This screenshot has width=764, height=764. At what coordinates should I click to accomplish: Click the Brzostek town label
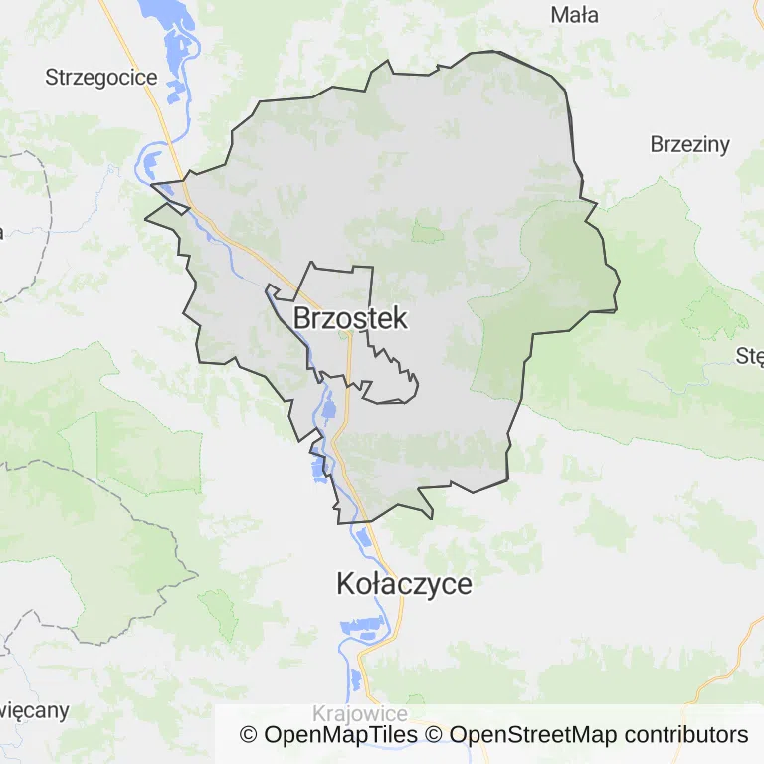350,318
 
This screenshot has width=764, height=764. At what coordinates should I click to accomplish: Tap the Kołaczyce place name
404,584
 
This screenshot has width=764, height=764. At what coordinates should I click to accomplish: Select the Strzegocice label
100,77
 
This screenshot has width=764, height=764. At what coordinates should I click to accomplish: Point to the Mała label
574,15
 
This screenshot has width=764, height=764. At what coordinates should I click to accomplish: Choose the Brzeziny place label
689,144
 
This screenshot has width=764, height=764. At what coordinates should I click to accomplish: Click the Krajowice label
359,714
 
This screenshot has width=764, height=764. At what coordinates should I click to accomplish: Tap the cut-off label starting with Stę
749,356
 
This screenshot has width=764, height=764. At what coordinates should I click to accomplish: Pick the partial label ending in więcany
34,710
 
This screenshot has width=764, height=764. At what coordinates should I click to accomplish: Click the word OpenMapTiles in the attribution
340,735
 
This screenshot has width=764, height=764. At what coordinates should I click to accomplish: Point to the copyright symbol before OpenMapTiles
248,735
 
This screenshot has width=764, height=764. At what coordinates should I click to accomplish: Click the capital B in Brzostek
303,318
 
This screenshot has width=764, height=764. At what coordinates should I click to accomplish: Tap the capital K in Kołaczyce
346,584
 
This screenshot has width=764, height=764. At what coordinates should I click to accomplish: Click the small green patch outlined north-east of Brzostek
428,233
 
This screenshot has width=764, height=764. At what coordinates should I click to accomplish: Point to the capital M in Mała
558,15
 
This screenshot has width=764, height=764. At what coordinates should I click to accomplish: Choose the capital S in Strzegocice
52,77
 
